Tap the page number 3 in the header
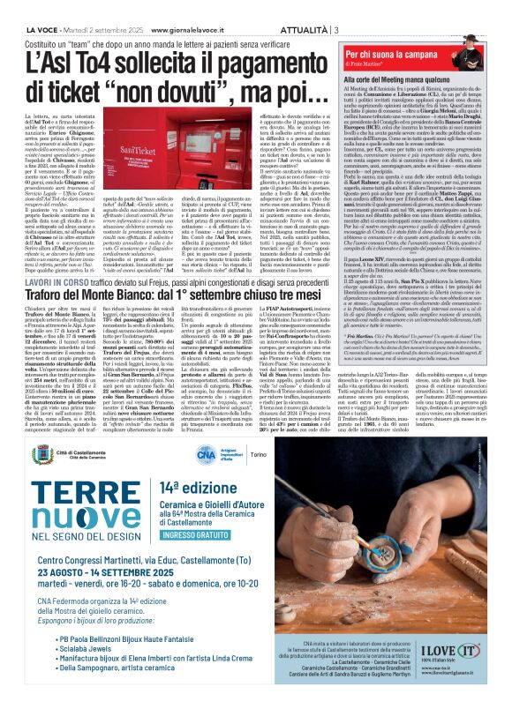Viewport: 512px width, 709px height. coord(336,6)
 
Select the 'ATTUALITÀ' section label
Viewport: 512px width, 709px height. coord(300,6)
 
